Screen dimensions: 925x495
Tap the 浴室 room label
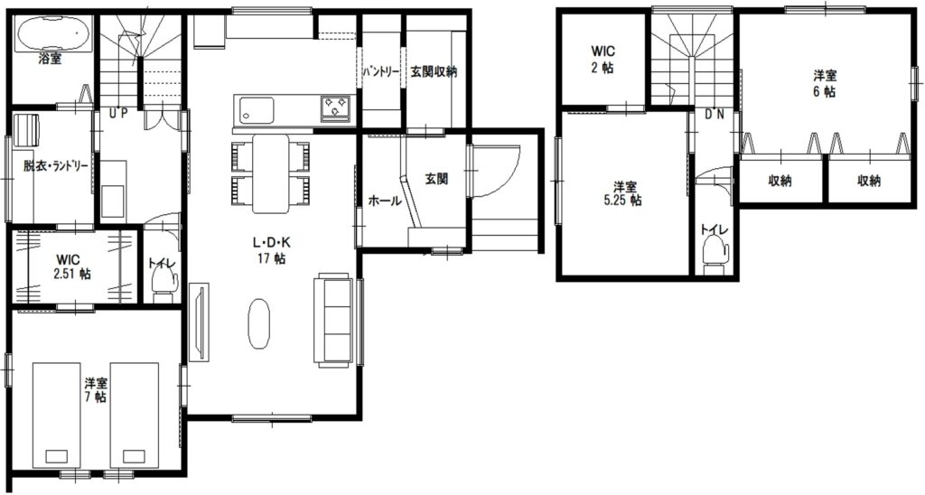(x=50, y=59)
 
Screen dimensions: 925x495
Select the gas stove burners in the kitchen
(x=335, y=108)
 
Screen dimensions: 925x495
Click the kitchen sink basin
(x=256, y=109)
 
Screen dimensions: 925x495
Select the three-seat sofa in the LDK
(x=334, y=319)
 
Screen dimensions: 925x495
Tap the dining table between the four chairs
(x=271, y=173)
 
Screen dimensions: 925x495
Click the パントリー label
(x=380, y=73)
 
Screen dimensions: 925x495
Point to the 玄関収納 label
(x=434, y=72)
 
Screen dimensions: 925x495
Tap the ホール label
(x=385, y=201)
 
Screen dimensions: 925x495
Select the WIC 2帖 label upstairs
(x=603, y=60)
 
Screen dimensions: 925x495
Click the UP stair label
(x=118, y=114)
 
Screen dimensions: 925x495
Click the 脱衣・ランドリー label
(x=55, y=166)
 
